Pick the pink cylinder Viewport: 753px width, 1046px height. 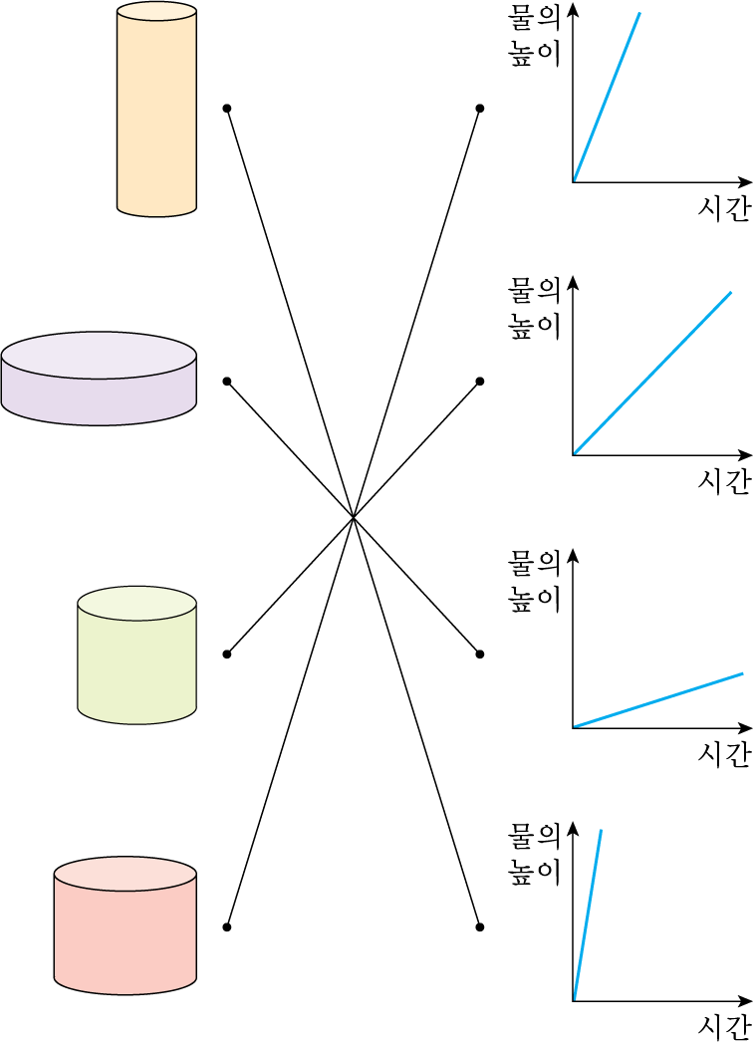[125, 931]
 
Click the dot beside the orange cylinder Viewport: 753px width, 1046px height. [227, 108]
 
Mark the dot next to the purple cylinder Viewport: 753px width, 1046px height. [227, 382]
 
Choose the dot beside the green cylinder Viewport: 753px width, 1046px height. [227, 654]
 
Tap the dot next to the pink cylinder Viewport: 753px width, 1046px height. [227, 926]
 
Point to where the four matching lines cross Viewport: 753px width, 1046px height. [354, 517]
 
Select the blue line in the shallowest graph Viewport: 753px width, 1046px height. [657, 700]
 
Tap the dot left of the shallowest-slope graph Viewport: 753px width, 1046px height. [480, 654]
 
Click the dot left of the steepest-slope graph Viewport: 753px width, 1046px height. [480, 926]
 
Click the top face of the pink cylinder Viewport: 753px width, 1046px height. [125, 873]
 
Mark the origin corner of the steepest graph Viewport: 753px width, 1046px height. [574, 999]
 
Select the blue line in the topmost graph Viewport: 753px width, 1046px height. [607, 98]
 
